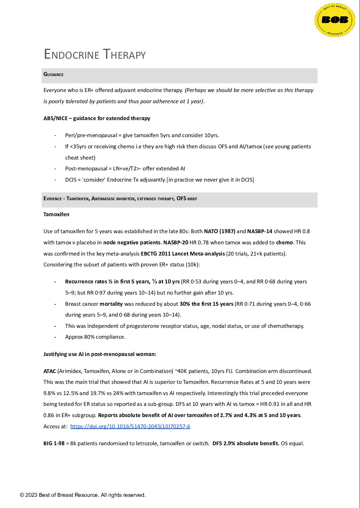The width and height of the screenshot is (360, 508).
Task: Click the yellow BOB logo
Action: (x=335, y=20)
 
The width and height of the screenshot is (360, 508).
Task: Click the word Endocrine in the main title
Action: (x=72, y=55)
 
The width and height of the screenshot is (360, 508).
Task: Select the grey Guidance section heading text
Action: (x=53, y=74)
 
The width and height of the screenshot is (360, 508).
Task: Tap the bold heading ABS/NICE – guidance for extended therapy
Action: (x=97, y=118)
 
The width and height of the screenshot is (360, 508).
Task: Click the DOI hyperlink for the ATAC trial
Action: (x=130, y=426)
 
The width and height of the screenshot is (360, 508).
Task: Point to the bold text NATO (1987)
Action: (x=219, y=231)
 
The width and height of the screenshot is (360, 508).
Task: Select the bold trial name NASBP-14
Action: (x=259, y=231)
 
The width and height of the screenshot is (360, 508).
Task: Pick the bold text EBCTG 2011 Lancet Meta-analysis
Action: (x=183, y=253)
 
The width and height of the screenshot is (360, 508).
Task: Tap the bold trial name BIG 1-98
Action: (x=54, y=443)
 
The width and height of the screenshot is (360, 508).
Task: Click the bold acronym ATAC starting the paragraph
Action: (x=50, y=371)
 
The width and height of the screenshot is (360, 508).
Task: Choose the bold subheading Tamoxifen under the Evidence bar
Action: (x=56, y=214)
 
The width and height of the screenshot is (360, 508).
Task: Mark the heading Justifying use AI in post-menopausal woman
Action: (x=100, y=354)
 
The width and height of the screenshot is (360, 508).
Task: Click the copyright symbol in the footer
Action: (x=22, y=495)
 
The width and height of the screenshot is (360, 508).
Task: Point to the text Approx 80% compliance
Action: (x=95, y=337)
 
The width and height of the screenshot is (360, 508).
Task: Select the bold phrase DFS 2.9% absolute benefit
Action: (x=246, y=443)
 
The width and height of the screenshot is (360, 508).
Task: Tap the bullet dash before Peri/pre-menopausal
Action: (x=55, y=135)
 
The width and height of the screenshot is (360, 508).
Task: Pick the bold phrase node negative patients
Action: (x=132, y=243)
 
